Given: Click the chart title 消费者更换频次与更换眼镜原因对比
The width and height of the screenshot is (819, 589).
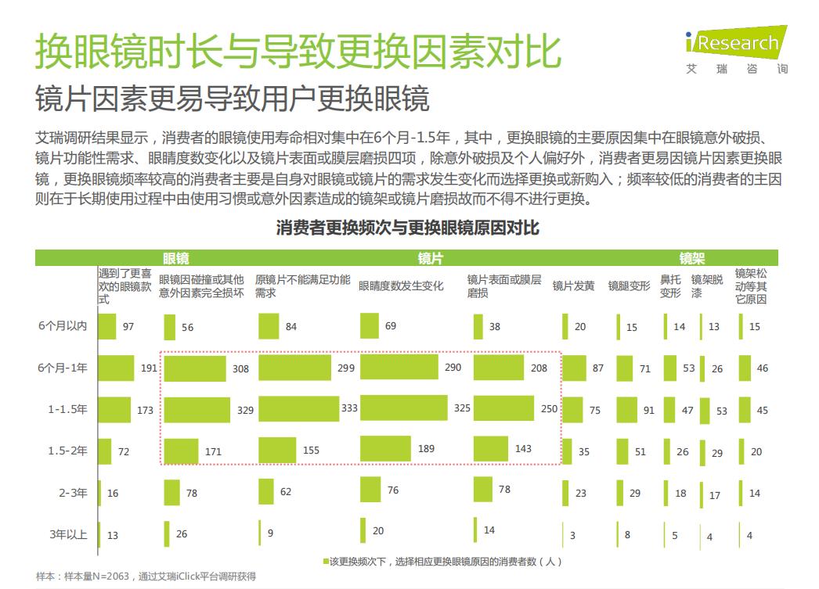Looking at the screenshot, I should point(407,228).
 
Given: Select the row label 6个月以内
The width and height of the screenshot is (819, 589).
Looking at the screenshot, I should point(63,326).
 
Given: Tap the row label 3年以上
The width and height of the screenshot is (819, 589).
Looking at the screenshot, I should point(68,535).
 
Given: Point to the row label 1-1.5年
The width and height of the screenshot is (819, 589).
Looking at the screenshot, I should point(67,409).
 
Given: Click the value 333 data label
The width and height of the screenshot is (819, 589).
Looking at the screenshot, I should point(349,408).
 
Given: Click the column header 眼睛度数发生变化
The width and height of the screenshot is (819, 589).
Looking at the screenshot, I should point(401,286).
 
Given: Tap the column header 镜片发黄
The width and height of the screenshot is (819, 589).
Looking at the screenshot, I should point(573,286).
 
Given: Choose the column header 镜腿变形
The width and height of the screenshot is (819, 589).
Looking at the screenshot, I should point(629,286).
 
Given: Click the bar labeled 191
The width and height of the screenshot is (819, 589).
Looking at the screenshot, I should point(117,368).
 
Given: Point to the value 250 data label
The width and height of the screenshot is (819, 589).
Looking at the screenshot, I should point(549,408).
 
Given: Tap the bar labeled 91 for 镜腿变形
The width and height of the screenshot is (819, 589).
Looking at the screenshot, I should point(626,410).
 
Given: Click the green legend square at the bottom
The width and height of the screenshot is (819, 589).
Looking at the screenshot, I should point(326,562).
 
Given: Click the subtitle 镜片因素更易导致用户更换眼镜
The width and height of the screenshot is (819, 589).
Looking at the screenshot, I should point(232,99).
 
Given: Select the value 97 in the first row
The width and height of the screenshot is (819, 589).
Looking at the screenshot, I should point(128,326).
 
